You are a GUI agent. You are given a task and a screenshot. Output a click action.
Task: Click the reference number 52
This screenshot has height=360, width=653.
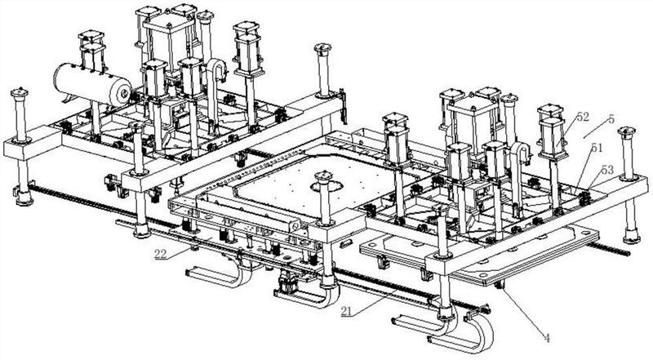583,117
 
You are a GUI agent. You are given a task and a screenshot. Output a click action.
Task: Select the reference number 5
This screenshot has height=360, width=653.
611,119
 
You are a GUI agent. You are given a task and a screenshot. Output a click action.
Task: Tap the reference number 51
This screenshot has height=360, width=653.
597,148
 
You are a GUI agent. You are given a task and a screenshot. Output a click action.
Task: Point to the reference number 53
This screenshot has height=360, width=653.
607,170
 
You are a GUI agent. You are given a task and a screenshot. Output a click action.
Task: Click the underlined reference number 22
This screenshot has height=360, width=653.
161,254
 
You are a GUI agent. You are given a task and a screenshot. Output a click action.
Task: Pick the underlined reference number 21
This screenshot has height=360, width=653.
348,311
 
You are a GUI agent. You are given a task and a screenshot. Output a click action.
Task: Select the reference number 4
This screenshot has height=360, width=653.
547,338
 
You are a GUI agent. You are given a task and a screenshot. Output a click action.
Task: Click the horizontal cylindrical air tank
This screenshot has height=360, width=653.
92,85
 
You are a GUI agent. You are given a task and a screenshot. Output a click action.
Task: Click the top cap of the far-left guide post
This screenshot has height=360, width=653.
20,92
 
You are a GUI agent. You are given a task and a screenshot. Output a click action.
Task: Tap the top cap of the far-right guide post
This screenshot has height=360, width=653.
627,132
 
